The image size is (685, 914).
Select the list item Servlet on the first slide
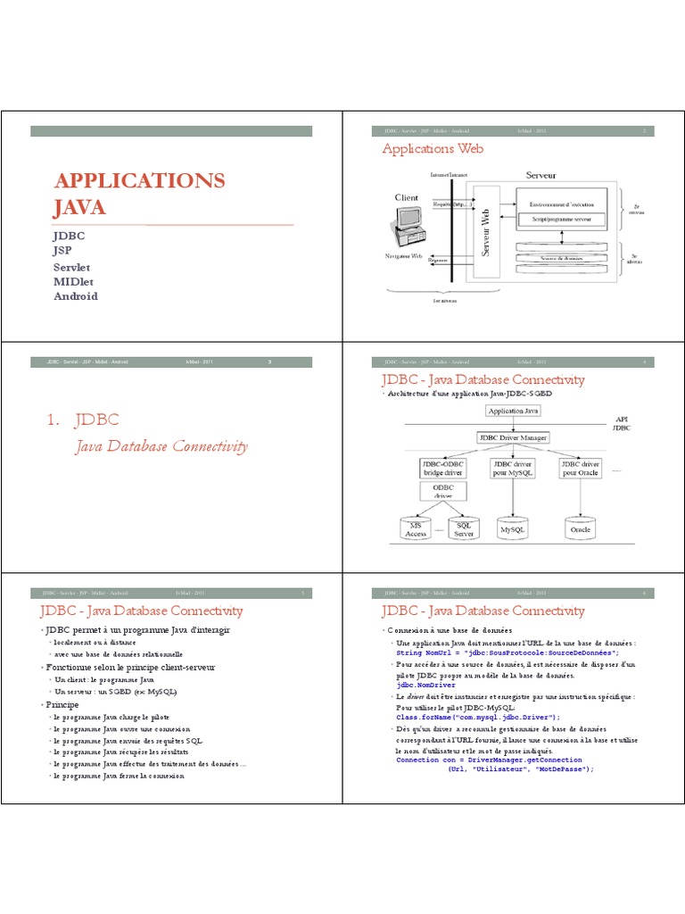[72, 267]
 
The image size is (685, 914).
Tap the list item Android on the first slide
[76, 295]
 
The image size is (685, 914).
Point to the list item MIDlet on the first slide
[73, 281]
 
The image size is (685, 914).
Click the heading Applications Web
[433, 149]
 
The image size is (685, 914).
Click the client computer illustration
[406, 224]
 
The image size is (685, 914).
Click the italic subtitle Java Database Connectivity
[161, 446]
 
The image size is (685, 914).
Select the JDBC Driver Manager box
[513, 437]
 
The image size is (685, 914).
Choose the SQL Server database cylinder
[464, 528]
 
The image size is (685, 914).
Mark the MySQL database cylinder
[513, 528]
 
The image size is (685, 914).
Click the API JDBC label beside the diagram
[623, 423]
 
